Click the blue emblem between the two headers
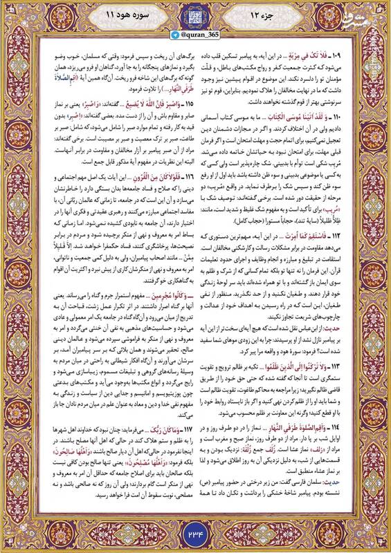pyautogui.click(x=196, y=17)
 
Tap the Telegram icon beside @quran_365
pyautogui.click(x=176, y=39)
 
